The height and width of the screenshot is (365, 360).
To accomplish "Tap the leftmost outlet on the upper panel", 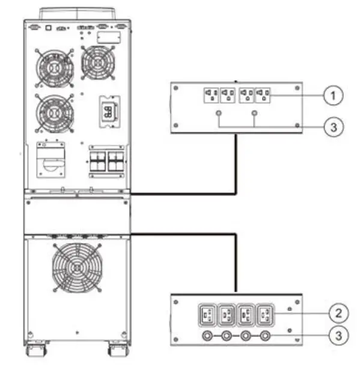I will tap(211, 96).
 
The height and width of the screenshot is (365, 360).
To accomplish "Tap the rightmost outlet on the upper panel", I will tap(263, 96).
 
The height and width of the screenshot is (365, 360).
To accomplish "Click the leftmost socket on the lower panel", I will tap(208, 315).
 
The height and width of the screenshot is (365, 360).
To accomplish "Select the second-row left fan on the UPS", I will tap(55, 111).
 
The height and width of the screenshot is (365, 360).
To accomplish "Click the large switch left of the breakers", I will tap(52, 160).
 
